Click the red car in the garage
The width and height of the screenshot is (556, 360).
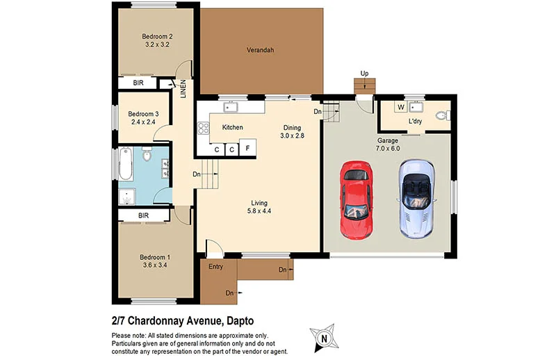[356, 199]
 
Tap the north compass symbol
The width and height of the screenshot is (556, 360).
[324, 338]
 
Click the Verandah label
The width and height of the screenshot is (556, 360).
[261, 50]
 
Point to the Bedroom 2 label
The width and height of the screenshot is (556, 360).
[157, 37]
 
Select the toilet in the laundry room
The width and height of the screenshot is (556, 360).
[440, 115]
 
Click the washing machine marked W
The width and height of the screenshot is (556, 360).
[400, 107]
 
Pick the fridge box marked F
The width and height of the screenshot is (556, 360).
[248, 148]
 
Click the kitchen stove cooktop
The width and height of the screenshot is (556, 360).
[204, 128]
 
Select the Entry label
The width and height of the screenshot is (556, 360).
[216, 267]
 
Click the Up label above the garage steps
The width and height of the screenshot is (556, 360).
[364, 73]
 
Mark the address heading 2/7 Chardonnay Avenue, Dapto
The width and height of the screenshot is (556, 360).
[182, 320]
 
